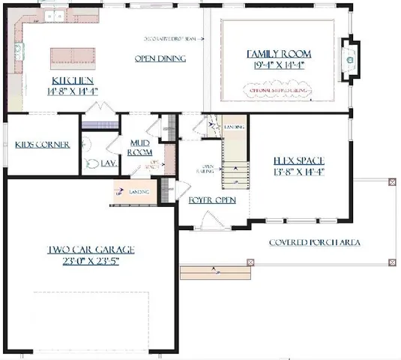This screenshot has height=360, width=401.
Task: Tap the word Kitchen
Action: pyautogui.click(x=72, y=80)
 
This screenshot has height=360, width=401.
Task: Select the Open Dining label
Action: pyautogui.click(x=160, y=58)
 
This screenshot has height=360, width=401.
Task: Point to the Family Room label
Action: pyautogui.click(x=279, y=54)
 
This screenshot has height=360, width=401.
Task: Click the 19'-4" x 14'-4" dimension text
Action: pyautogui.click(x=279, y=65)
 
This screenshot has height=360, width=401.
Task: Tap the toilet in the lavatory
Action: pyautogui.click(x=91, y=163)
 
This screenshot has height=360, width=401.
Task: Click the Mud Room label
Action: pyautogui.click(x=140, y=147)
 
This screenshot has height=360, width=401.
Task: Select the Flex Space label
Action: pyautogui.click(x=298, y=160)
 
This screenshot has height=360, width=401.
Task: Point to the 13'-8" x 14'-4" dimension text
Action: pyautogui.click(x=298, y=171)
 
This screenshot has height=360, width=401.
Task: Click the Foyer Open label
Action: pyautogui.click(x=211, y=200)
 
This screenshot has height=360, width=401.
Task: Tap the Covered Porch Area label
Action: pyautogui.click(x=315, y=242)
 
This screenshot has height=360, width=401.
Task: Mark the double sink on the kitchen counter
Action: pyautogui.click(x=54, y=16)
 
